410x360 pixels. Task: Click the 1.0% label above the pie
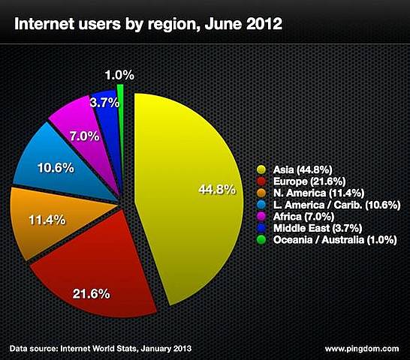coord(119,74)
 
